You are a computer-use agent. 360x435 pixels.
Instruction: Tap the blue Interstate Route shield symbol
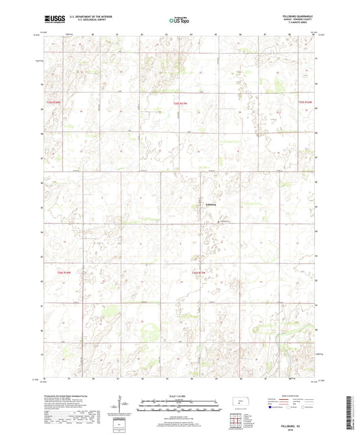tap(272, 407)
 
